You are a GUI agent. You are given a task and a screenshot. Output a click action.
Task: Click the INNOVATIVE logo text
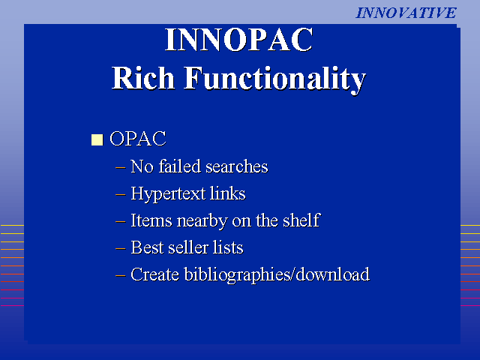(x=406, y=13)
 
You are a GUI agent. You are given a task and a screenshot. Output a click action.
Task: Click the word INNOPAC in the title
(x=238, y=40)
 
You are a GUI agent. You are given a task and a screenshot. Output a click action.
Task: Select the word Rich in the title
(x=143, y=78)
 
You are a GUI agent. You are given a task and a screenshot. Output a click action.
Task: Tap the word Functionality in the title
(x=274, y=79)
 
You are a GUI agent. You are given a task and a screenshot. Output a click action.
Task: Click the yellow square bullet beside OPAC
(x=97, y=139)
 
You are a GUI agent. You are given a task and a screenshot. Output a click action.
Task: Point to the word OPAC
(x=138, y=139)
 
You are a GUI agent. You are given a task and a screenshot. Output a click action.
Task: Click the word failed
(x=179, y=166)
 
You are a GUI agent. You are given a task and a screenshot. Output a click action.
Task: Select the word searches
(x=237, y=166)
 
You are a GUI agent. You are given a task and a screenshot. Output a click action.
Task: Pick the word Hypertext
(x=168, y=194)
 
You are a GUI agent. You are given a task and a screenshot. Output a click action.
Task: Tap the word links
(x=227, y=193)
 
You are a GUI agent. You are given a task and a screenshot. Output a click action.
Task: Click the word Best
(x=147, y=247)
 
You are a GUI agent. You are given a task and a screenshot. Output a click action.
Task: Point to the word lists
(x=228, y=247)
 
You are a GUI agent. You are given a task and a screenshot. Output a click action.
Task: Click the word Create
(x=154, y=274)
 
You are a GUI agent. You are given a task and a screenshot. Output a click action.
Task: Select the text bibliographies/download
(x=277, y=275)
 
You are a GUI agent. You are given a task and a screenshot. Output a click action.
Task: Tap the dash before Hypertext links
(x=120, y=194)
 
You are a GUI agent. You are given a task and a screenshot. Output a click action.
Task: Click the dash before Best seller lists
(x=120, y=248)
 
